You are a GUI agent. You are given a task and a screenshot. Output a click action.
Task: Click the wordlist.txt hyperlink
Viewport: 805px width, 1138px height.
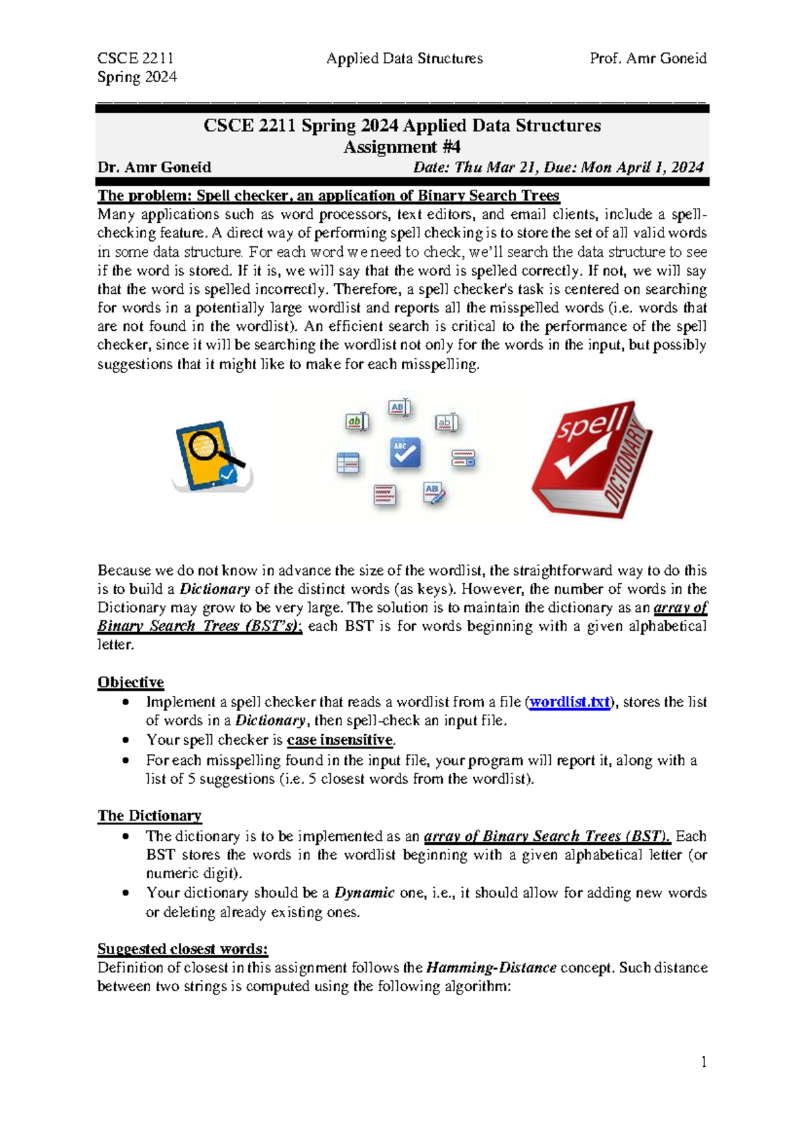point(569,702)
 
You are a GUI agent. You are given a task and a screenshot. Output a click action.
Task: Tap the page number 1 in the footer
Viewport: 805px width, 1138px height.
point(704,1062)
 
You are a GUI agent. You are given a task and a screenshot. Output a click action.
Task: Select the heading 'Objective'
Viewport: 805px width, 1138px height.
point(130,682)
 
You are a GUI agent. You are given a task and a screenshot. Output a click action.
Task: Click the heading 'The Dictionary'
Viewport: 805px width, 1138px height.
point(149,816)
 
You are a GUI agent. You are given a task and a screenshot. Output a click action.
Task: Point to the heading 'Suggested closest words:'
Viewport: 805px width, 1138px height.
point(182,949)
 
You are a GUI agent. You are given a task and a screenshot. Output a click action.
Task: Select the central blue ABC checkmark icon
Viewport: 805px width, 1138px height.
point(405,453)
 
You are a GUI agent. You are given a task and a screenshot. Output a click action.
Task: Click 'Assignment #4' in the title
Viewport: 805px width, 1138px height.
point(401,147)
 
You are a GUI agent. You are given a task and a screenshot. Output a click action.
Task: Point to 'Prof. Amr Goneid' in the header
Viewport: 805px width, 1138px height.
point(647,58)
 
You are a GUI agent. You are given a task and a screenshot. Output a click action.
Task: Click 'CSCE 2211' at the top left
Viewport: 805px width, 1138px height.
point(136,58)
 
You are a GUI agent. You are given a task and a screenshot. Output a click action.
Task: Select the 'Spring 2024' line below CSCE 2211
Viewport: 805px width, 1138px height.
point(137,77)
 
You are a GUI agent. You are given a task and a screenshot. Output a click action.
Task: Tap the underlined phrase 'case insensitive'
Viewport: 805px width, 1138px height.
point(339,740)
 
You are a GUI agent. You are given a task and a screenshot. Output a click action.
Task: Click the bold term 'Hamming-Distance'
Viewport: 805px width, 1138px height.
point(491,968)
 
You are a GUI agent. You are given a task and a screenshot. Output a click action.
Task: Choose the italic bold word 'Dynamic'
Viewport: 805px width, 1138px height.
point(364,893)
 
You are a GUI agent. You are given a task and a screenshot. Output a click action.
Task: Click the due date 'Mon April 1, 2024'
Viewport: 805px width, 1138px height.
point(642,167)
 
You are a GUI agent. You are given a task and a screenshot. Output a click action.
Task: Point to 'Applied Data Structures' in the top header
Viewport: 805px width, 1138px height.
point(404,58)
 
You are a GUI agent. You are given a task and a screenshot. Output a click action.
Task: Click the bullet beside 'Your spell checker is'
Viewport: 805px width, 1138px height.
point(125,740)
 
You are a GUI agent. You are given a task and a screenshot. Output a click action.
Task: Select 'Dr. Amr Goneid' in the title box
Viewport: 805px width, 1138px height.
point(154,167)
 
